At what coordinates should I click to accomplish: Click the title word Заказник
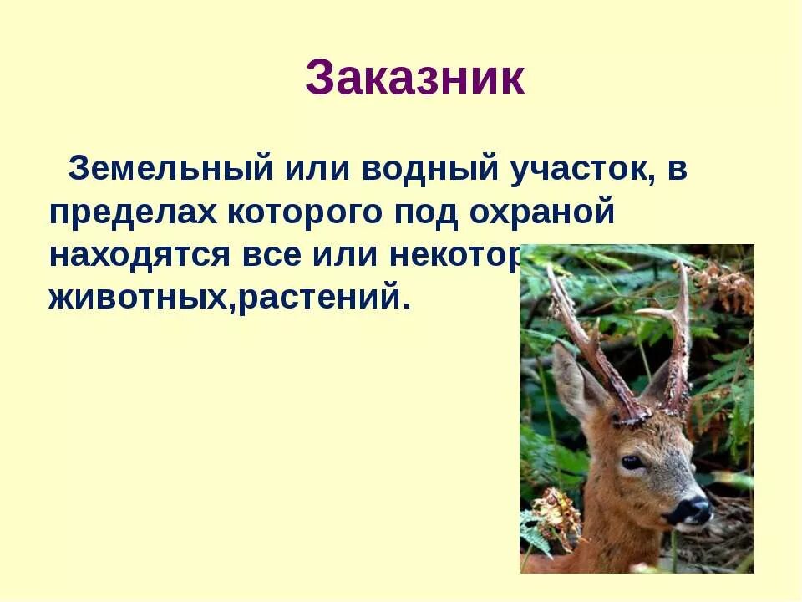tap(414, 79)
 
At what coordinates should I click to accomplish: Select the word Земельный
tap(171, 168)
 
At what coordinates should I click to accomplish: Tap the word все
tap(276, 256)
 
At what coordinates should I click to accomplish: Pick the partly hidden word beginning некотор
tap(455, 256)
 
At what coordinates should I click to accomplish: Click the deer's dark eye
tap(632, 461)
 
